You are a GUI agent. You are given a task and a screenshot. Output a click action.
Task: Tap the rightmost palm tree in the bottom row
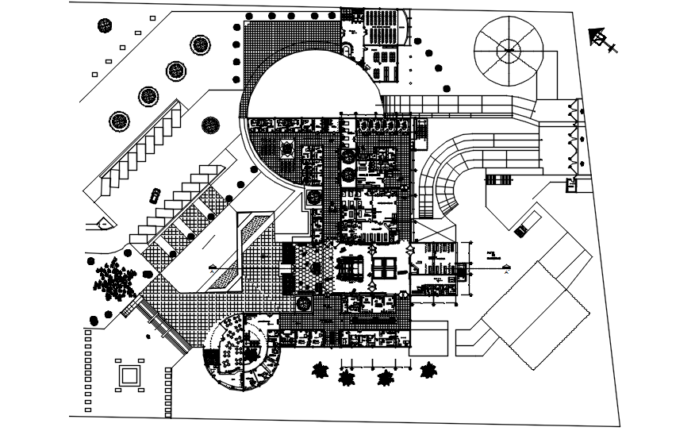point(429,371)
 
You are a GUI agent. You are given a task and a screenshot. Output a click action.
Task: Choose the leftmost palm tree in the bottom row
point(321,371)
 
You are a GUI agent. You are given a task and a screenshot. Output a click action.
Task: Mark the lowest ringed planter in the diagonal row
point(120,121)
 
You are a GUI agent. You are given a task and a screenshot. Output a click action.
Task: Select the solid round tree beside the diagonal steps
point(210,124)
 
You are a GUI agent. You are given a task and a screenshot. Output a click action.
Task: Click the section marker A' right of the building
point(505,271)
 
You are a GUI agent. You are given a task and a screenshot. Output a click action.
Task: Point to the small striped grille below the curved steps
point(499,180)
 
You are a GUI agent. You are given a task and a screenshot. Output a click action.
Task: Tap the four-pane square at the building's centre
point(386,267)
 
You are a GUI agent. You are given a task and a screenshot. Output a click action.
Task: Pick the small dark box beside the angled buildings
point(520,230)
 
